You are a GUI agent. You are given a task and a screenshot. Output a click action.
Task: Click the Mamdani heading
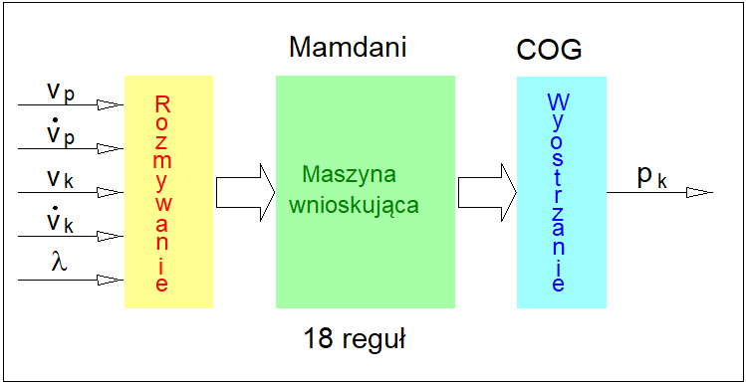(x=347, y=47)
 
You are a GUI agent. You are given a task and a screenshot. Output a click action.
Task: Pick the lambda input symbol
(x=58, y=262)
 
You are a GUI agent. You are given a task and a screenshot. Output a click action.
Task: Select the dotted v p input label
(x=60, y=132)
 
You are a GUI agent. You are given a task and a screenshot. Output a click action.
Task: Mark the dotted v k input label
(x=60, y=221)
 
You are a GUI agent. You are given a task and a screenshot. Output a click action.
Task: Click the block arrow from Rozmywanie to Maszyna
(x=244, y=191)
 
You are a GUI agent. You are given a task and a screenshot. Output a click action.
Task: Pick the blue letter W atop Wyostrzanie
(x=558, y=102)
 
